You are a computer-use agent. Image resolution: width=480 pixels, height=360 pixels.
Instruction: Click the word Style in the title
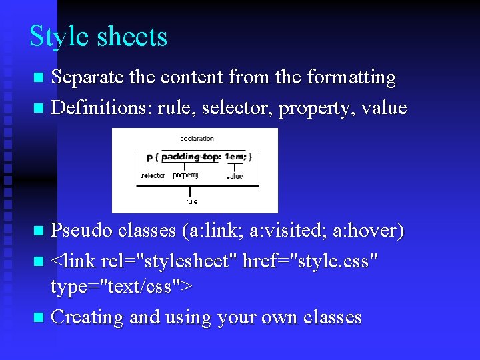(59, 37)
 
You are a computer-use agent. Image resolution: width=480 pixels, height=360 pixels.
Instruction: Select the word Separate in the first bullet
(87, 78)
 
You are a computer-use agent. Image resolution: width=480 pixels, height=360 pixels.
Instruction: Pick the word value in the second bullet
(383, 107)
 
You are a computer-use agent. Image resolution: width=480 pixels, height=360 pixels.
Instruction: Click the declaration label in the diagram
(197, 139)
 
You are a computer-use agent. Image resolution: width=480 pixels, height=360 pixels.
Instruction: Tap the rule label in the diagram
(192, 201)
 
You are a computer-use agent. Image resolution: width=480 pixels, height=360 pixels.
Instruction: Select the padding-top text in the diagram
(191, 157)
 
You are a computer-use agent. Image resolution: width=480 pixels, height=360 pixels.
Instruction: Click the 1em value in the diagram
(234, 157)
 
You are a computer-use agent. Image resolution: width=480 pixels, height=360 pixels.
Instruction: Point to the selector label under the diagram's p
(153, 176)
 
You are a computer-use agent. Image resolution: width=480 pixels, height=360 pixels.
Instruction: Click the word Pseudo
(82, 231)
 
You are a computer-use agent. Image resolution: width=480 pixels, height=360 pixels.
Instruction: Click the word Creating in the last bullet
(87, 317)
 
